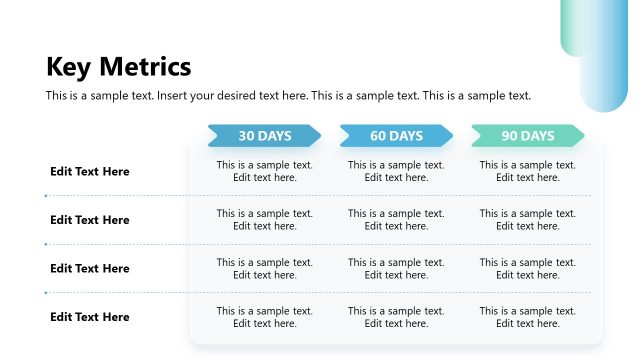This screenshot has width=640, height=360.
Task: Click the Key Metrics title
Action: point(118,67)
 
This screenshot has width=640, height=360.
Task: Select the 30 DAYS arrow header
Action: point(264,136)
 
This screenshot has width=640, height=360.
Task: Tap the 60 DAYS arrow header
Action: point(396,136)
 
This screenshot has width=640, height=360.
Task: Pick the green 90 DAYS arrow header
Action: point(527,136)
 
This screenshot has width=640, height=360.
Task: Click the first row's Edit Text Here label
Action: point(90,171)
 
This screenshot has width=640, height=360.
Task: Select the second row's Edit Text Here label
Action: point(90,220)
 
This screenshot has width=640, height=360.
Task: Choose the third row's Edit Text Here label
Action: point(90,268)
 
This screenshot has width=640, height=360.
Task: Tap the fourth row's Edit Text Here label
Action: point(90,317)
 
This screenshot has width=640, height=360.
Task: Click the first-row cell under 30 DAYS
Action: point(265,171)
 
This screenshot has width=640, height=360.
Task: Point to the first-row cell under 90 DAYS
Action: point(527,171)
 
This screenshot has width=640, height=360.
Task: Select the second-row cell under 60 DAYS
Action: point(396,220)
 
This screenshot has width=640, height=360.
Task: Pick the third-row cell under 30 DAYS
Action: point(265,268)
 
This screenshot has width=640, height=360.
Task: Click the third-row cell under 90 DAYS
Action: point(527,268)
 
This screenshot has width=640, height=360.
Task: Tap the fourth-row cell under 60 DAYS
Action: point(396,317)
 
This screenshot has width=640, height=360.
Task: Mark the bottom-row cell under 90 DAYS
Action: point(527,317)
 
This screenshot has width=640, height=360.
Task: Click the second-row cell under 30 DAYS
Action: point(265,220)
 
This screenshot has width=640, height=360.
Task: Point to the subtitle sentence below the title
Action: point(288,96)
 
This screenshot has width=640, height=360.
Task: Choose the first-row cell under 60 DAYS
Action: point(396,171)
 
